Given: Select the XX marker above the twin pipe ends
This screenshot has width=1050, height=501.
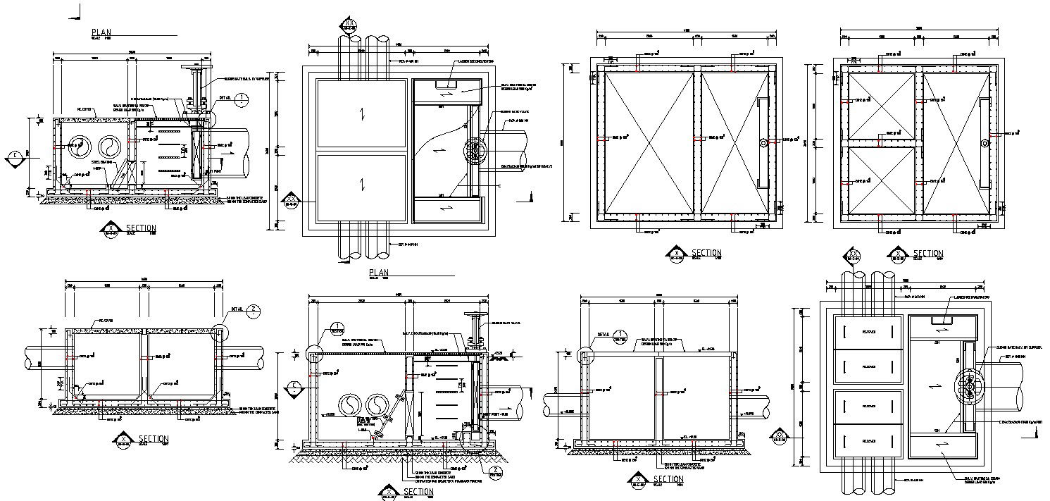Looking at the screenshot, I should (350, 27).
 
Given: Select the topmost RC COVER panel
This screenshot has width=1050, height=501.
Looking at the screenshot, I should (868, 331).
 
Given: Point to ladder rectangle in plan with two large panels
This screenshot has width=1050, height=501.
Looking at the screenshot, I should (445, 85).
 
